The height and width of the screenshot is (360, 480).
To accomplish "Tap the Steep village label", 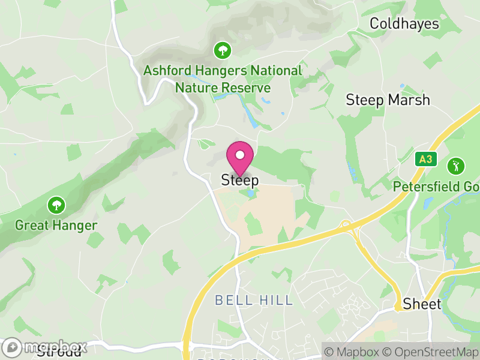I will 240,179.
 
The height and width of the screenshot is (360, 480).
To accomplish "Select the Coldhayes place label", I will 404,24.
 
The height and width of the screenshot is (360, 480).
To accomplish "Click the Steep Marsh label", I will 388,100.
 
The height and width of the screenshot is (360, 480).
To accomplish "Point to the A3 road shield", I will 425,159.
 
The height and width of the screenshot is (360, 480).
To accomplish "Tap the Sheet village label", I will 422,304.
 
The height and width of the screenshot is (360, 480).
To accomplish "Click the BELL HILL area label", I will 254,300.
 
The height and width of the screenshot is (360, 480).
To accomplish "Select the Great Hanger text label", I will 56,226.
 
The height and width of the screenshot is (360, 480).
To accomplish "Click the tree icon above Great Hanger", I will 56,205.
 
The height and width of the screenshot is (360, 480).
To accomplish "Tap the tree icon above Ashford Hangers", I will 223,50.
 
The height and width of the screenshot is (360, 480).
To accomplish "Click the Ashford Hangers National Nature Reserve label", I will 223,79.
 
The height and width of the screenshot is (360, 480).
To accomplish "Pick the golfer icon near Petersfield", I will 457,165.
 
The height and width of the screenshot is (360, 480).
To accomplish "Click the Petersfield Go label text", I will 436,187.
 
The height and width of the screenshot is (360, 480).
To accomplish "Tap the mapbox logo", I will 46,347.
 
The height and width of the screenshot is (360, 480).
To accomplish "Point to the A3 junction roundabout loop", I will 346,226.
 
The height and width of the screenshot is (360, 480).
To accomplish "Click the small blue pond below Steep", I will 249,193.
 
